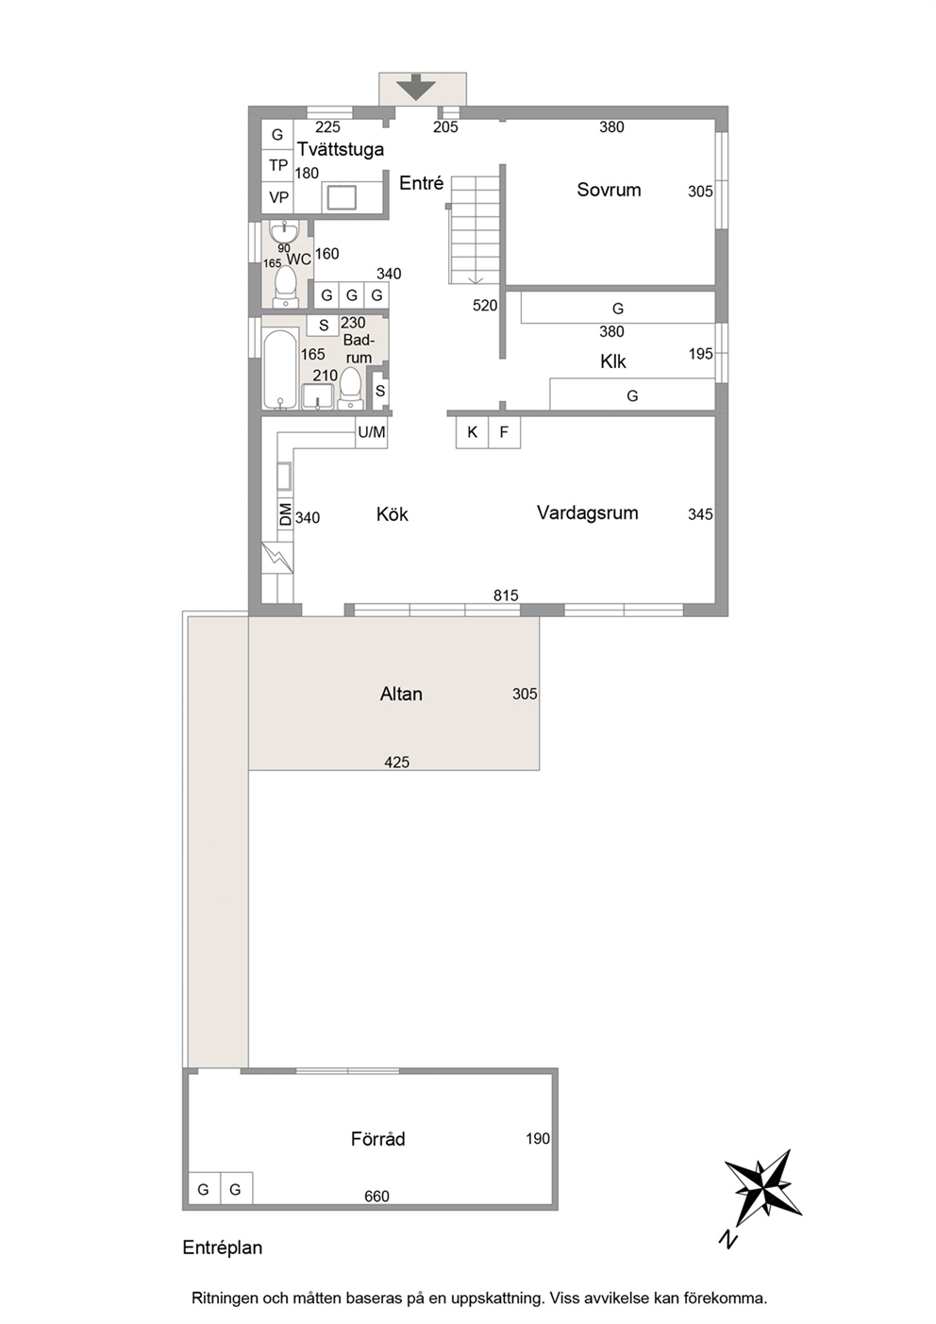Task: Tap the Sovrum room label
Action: (609, 190)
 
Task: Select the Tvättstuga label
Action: (341, 149)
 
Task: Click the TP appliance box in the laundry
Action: (277, 165)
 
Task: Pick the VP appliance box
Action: (277, 197)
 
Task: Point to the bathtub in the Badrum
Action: (280, 369)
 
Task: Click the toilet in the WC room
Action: (286, 287)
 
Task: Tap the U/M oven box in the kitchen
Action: (371, 432)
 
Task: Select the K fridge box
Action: (472, 432)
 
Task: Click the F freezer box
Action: (504, 432)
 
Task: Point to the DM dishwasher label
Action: (285, 513)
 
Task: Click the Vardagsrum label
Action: (588, 512)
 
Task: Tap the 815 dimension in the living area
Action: (506, 595)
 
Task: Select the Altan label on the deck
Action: (401, 694)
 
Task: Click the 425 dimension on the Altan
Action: (396, 763)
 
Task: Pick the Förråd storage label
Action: (377, 1139)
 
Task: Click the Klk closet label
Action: (612, 361)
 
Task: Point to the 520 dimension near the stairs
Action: (485, 306)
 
